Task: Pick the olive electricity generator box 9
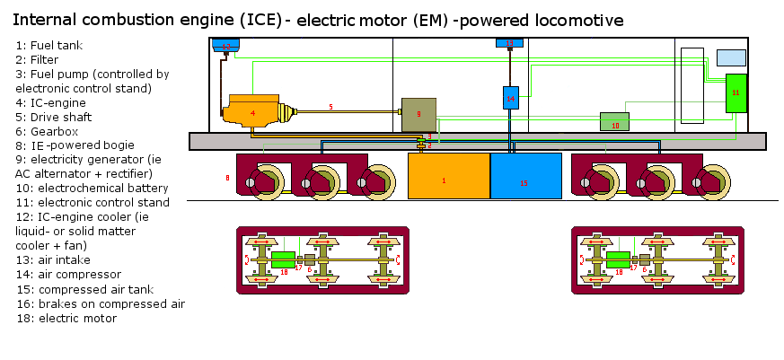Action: coord(418,114)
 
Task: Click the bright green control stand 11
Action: coord(736,93)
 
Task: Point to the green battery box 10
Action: coord(614,122)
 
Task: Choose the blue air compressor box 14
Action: coord(510,97)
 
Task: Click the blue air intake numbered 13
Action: coord(509,43)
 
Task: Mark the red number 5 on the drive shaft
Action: coord(330,107)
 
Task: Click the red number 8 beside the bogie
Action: coord(227,179)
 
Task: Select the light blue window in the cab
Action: coord(731,57)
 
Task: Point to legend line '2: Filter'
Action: coord(37,58)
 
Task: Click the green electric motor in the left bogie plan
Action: coord(284,261)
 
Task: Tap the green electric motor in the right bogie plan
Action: coord(618,261)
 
